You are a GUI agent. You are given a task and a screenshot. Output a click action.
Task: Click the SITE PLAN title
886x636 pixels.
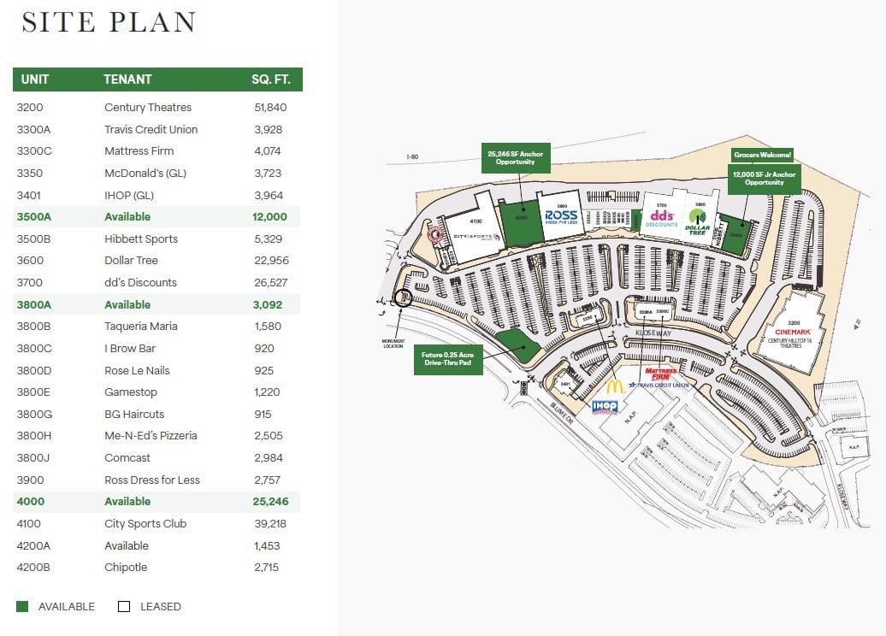109,22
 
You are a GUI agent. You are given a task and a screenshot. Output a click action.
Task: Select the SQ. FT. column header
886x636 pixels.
270,79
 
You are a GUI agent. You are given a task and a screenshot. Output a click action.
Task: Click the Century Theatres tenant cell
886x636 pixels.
148,108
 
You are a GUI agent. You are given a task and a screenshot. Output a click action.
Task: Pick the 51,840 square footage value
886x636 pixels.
270,108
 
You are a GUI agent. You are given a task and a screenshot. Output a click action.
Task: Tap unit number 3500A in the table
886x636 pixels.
35,217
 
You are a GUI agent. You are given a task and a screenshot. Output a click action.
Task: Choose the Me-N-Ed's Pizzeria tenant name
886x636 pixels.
151,436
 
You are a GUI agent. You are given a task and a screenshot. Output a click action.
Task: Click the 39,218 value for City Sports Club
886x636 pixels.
269,524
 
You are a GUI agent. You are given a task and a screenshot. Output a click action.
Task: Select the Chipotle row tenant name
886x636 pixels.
126,568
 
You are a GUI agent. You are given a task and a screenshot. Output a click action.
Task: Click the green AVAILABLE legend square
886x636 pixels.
22,607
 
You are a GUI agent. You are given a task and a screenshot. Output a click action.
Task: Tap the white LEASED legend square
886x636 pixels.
124,607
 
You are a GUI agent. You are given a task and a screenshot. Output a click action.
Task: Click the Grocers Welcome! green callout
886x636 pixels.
762,155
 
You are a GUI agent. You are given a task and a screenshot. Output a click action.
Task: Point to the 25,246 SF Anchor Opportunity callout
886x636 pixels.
515,157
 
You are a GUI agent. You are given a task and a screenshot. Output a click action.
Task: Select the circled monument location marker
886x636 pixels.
402,297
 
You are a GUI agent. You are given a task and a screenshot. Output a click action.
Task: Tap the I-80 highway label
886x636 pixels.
414,157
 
